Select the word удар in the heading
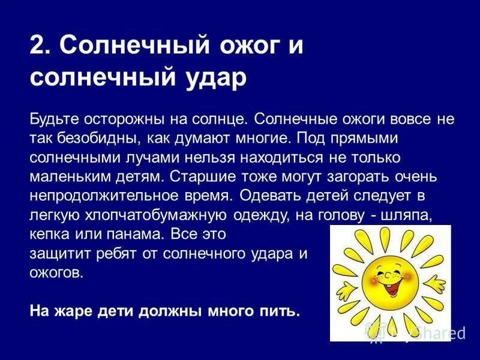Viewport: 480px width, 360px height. pos(218,78)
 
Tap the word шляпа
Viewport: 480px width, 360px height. pos(413,215)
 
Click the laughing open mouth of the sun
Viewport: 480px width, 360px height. pos(394,287)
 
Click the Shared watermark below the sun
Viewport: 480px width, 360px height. pos(441,332)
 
